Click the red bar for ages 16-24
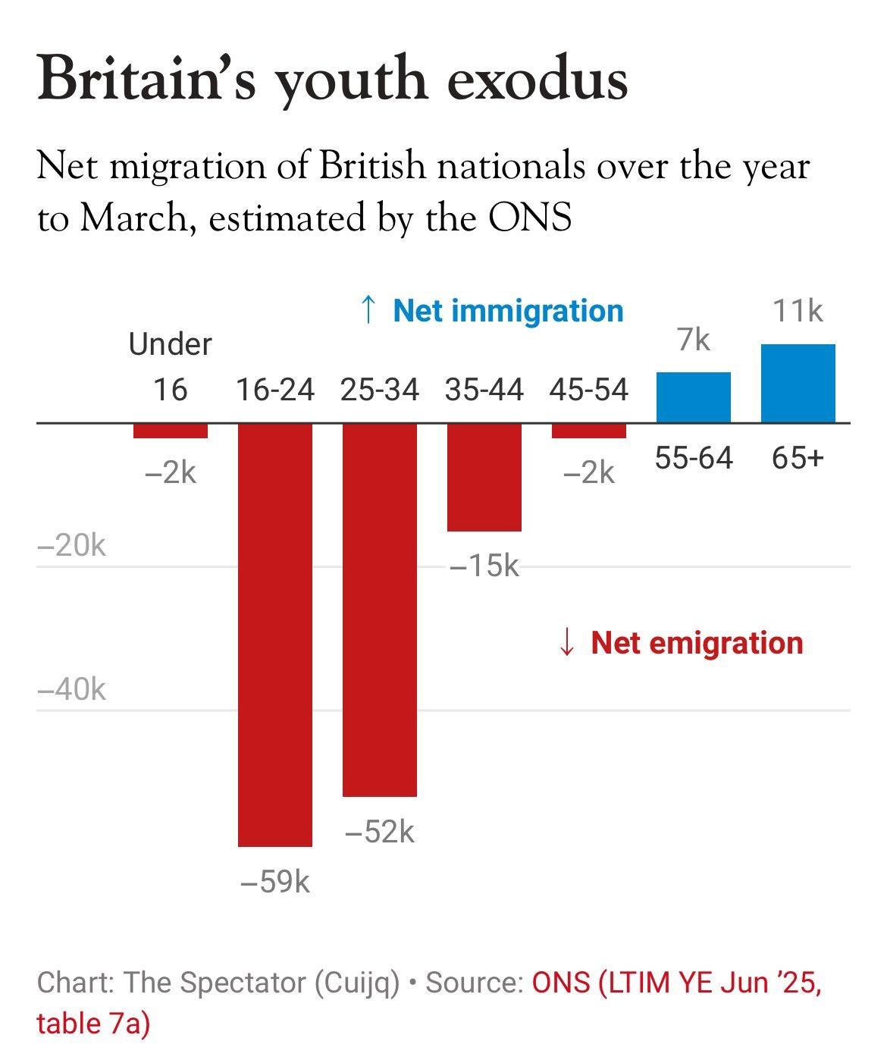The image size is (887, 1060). click(x=275, y=634)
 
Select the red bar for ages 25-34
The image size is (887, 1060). click(x=380, y=610)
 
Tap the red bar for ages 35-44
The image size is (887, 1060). click(x=484, y=477)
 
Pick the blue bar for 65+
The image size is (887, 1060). click(x=798, y=384)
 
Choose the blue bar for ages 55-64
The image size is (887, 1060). click(x=694, y=397)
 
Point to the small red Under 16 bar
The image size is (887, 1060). click(x=171, y=431)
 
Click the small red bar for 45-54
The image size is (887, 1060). click(x=589, y=431)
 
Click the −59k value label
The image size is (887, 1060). click(x=275, y=883)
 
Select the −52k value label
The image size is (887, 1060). click(x=380, y=832)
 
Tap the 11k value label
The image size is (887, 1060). click(x=798, y=311)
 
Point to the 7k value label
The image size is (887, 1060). click(x=694, y=340)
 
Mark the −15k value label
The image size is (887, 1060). click(x=484, y=565)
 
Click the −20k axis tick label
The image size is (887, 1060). click(x=72, y=545)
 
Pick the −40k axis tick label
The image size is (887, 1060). click(x=72, y=689)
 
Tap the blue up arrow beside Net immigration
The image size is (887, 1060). click(x=368, y=310)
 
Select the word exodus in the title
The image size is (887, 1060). click(x=538, y=79)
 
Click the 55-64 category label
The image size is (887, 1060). click(x=694, y=458)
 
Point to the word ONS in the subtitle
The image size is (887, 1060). click(x=530, y=218)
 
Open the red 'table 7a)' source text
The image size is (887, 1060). click(x=93, y=1024)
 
